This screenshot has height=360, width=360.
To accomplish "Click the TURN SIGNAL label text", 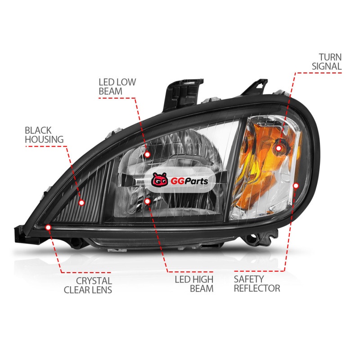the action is coord(327,62).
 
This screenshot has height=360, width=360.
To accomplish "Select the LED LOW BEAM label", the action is coord(117,86).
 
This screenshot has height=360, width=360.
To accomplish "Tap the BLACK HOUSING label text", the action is coord(44,135).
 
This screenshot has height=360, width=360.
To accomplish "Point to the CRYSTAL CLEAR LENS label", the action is coord(88,285).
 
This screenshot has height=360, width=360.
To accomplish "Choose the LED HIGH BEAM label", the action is coord(194,284).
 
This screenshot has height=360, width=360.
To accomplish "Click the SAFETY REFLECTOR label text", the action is coord(257,283).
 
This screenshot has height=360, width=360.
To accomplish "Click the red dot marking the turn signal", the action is coord(279,148).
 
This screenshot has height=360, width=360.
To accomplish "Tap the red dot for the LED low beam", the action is coord(148,154).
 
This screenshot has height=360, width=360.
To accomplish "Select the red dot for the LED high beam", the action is coord(148,201).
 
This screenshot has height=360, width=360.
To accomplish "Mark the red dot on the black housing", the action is coord(81,202).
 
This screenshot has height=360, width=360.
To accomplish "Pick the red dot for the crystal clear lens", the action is coord(48,228).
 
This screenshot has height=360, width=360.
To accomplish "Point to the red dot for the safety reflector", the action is coord(296,185).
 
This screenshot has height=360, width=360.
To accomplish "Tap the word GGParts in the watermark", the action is coord(189,181).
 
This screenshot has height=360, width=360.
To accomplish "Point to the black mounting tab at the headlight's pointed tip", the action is coord(21,233).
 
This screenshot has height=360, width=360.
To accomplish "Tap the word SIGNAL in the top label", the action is coord(327,66).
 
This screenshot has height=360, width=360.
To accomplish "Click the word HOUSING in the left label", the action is coord(44,139).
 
